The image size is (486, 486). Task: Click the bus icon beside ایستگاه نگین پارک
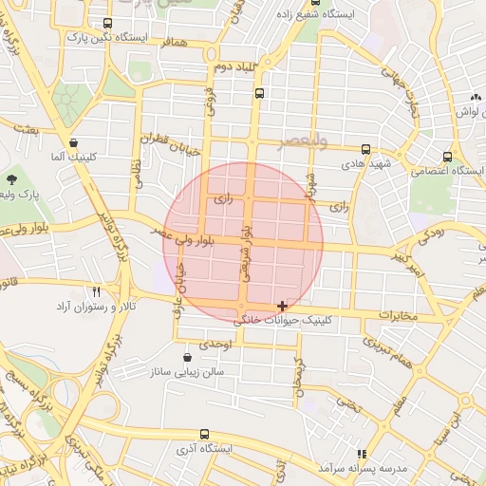pyautogui.click(x=106, y=23)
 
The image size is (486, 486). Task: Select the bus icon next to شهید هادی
pyautogui.click(x=366, y=149)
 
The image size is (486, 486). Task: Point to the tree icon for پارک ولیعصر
pyautogui.click(x=11, y=178)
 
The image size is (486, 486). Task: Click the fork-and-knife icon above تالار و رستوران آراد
pyautogui.click(x=96, y=291)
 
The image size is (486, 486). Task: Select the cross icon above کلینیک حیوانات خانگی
pyautogui.click(x=282, y=306)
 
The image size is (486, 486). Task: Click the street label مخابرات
pyautogui.click(x=398, y=314)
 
